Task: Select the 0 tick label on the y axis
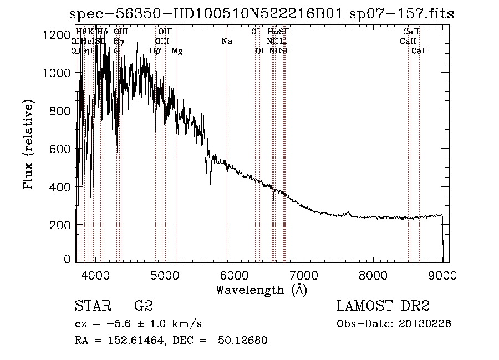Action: coord(67,259)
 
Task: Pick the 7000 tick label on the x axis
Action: coord(303,275)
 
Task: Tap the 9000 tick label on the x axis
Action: coord(442,275)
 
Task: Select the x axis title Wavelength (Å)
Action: coord(261,290)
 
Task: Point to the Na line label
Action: coord(226,41)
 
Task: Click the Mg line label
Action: coord(177,51)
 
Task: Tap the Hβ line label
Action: coord(155,51)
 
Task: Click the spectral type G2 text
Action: coord(143,306)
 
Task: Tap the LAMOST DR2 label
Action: coord(383,306)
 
